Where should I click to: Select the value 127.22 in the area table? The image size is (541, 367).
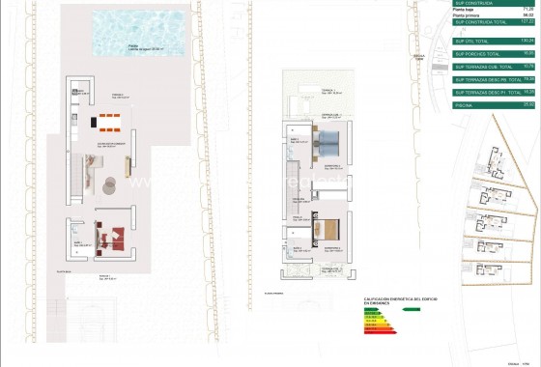coord(527,20)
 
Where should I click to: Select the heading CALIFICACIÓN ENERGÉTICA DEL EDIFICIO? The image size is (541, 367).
coord(392,301)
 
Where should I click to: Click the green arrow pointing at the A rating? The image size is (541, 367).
coord(410,310)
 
